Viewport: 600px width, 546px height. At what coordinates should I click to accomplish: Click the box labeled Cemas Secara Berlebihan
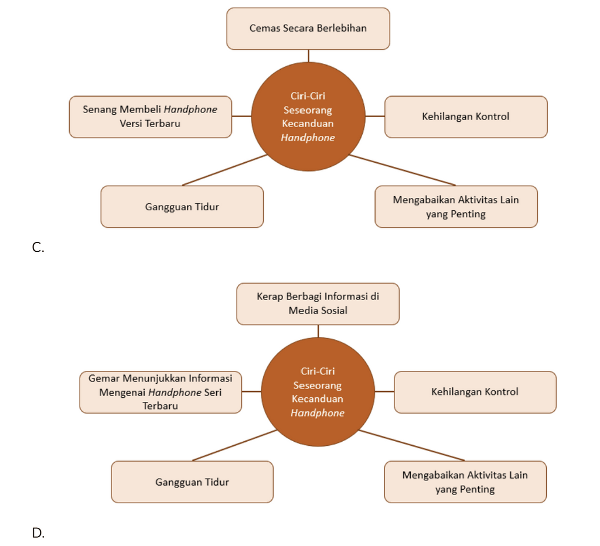(308, 29)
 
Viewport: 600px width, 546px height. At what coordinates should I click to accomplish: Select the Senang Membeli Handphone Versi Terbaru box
(151, 117)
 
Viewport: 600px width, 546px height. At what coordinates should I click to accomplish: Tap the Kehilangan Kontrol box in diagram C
(466, 117)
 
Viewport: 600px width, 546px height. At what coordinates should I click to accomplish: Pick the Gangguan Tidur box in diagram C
(182, 207)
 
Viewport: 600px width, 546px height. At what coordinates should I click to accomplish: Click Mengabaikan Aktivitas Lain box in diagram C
(456, 207)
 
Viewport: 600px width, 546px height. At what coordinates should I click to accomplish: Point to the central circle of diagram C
(308, 117)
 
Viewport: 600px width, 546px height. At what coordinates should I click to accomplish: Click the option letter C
(38, 248)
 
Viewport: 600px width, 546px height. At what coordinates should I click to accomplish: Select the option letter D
(38, 533)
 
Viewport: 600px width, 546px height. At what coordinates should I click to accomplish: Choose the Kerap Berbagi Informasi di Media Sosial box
(318, 304)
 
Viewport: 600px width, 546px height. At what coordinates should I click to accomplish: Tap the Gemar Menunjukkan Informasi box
(161, 392)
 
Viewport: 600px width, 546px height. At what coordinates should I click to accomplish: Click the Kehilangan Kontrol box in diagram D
(475, 392)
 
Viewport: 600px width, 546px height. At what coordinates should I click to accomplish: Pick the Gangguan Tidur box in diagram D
(192, 482)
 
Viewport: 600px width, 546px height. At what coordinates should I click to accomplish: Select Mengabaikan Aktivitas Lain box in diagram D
(465, 482)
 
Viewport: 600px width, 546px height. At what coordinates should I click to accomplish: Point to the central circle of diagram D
(318, 392)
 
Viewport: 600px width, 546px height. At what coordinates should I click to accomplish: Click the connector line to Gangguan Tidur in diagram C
(224, 170)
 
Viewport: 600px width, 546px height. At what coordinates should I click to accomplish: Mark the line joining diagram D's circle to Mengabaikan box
(412, 445)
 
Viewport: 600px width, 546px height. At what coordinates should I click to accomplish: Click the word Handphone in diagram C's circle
(308, 138)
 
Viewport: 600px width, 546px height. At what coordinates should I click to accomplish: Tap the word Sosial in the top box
(333, 310)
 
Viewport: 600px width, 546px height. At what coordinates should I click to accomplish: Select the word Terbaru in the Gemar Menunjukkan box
(161, 405)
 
